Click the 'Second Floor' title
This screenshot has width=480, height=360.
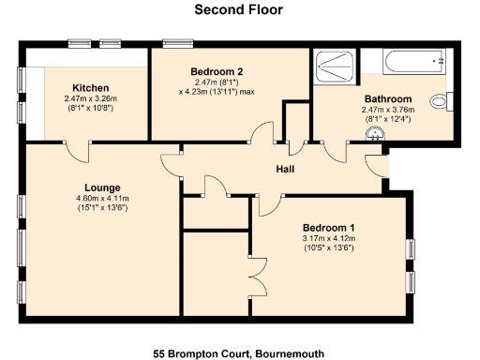tap(239, 10)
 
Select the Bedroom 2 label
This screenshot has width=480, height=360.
tap(217, 71)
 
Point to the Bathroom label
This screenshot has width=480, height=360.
tap(386, 98)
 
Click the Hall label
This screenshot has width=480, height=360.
tap(286, 169)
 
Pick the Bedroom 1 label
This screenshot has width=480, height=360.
tap(330, 228)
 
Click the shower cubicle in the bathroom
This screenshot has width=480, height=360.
tap(335, 63)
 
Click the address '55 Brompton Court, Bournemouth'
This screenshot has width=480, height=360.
tap(239, 353)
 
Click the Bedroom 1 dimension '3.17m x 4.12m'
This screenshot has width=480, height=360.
tap(330, 239)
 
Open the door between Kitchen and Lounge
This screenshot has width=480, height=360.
tap(76, 147)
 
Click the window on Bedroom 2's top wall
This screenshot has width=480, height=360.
tap(173, 43)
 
